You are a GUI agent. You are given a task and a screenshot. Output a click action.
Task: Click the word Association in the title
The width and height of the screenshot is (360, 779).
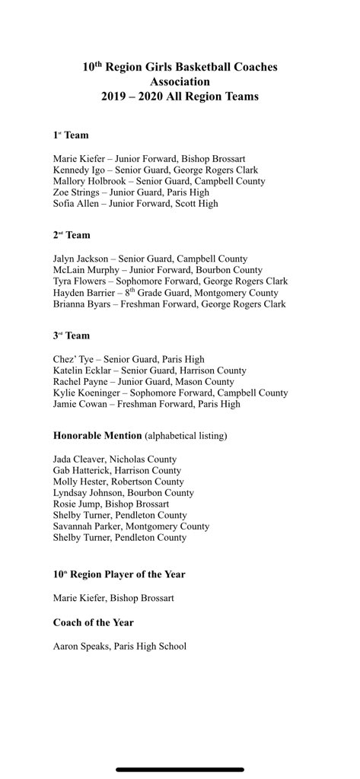(x=180, y=81)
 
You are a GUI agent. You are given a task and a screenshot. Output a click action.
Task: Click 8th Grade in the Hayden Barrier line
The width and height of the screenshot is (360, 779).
(x=149, y=293)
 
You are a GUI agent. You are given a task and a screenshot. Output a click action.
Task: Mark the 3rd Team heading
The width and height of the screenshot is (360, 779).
(x=71, y=335)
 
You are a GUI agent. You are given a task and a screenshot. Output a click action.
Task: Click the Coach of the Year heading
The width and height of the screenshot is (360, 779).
(x=94, y=622)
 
